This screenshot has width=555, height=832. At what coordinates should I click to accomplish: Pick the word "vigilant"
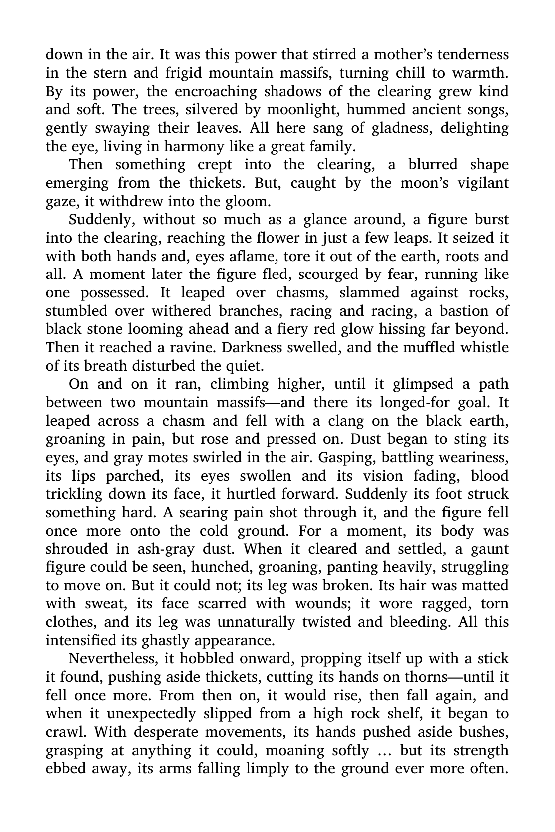tap(479, 183)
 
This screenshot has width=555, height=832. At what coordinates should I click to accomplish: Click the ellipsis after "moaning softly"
tap(385, 750)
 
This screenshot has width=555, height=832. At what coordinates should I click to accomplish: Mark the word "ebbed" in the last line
tap(65, 769)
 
